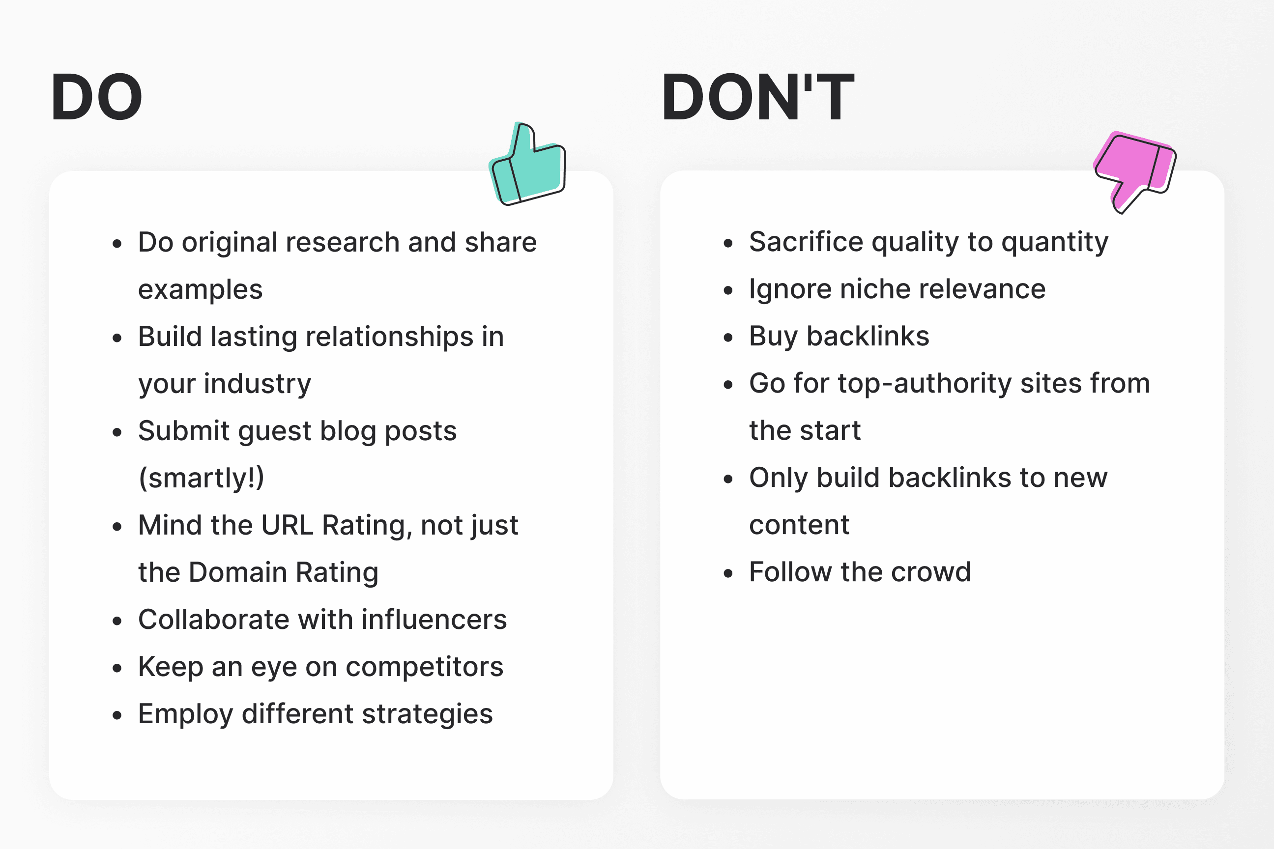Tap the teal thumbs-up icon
click(x=528, y=165)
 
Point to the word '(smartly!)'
click(x=202, y=478)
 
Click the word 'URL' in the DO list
click(x=287, y=525)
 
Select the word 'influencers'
click(x=434, y=620)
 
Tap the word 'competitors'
click(x=425, y=667)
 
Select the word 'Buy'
click(x=774, y=336)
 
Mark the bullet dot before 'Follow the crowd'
click(x=728, y=573)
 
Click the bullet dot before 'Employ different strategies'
click(x=117, y=715)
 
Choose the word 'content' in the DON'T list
click(x=799, y=525)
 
